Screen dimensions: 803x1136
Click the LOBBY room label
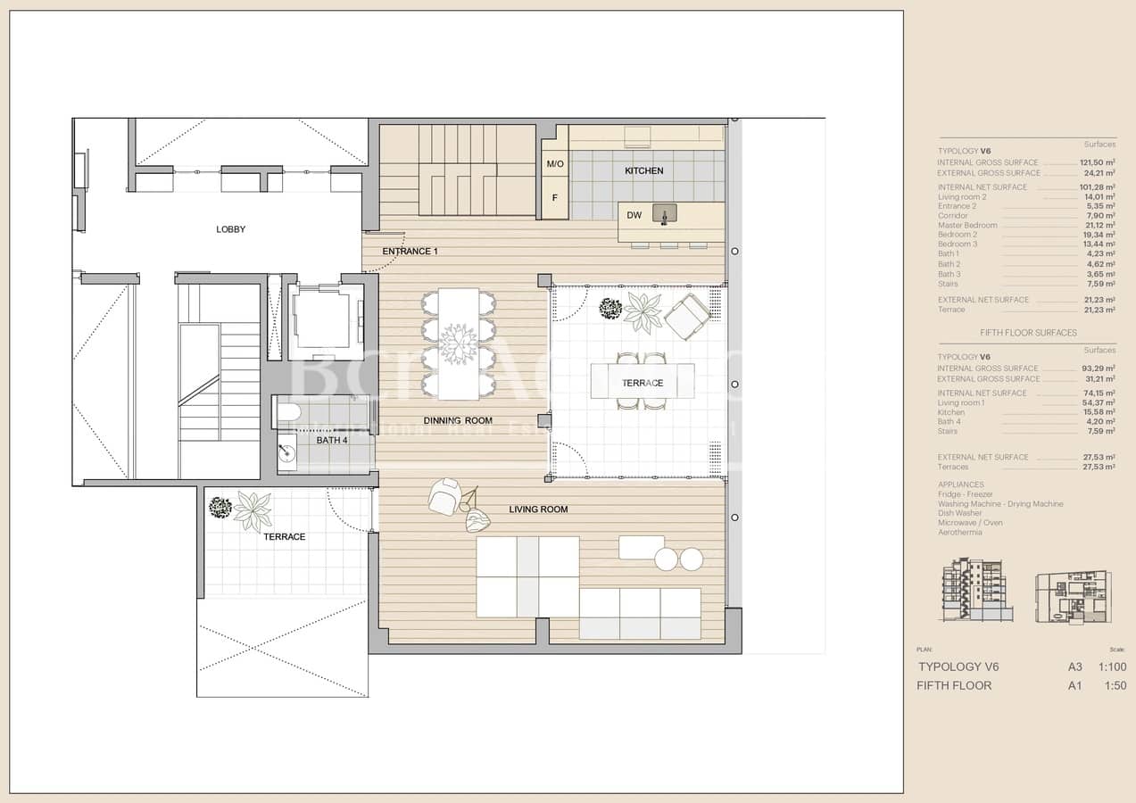230,229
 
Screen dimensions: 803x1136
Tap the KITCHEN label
643,170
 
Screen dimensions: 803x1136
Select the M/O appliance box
554,165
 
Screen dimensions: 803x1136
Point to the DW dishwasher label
634,215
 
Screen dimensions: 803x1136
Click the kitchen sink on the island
664,214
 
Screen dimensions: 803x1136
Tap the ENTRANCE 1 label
410,252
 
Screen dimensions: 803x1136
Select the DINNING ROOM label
458,420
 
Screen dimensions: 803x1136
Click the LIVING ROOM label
538,509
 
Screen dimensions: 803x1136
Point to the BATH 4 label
332,441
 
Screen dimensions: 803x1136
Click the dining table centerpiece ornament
459,344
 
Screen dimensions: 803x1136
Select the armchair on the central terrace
687,316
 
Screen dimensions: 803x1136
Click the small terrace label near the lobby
284,537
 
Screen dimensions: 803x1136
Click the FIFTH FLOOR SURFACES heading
1028,333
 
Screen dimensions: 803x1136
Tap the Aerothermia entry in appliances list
959,533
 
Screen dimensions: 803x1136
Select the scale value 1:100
1112,666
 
